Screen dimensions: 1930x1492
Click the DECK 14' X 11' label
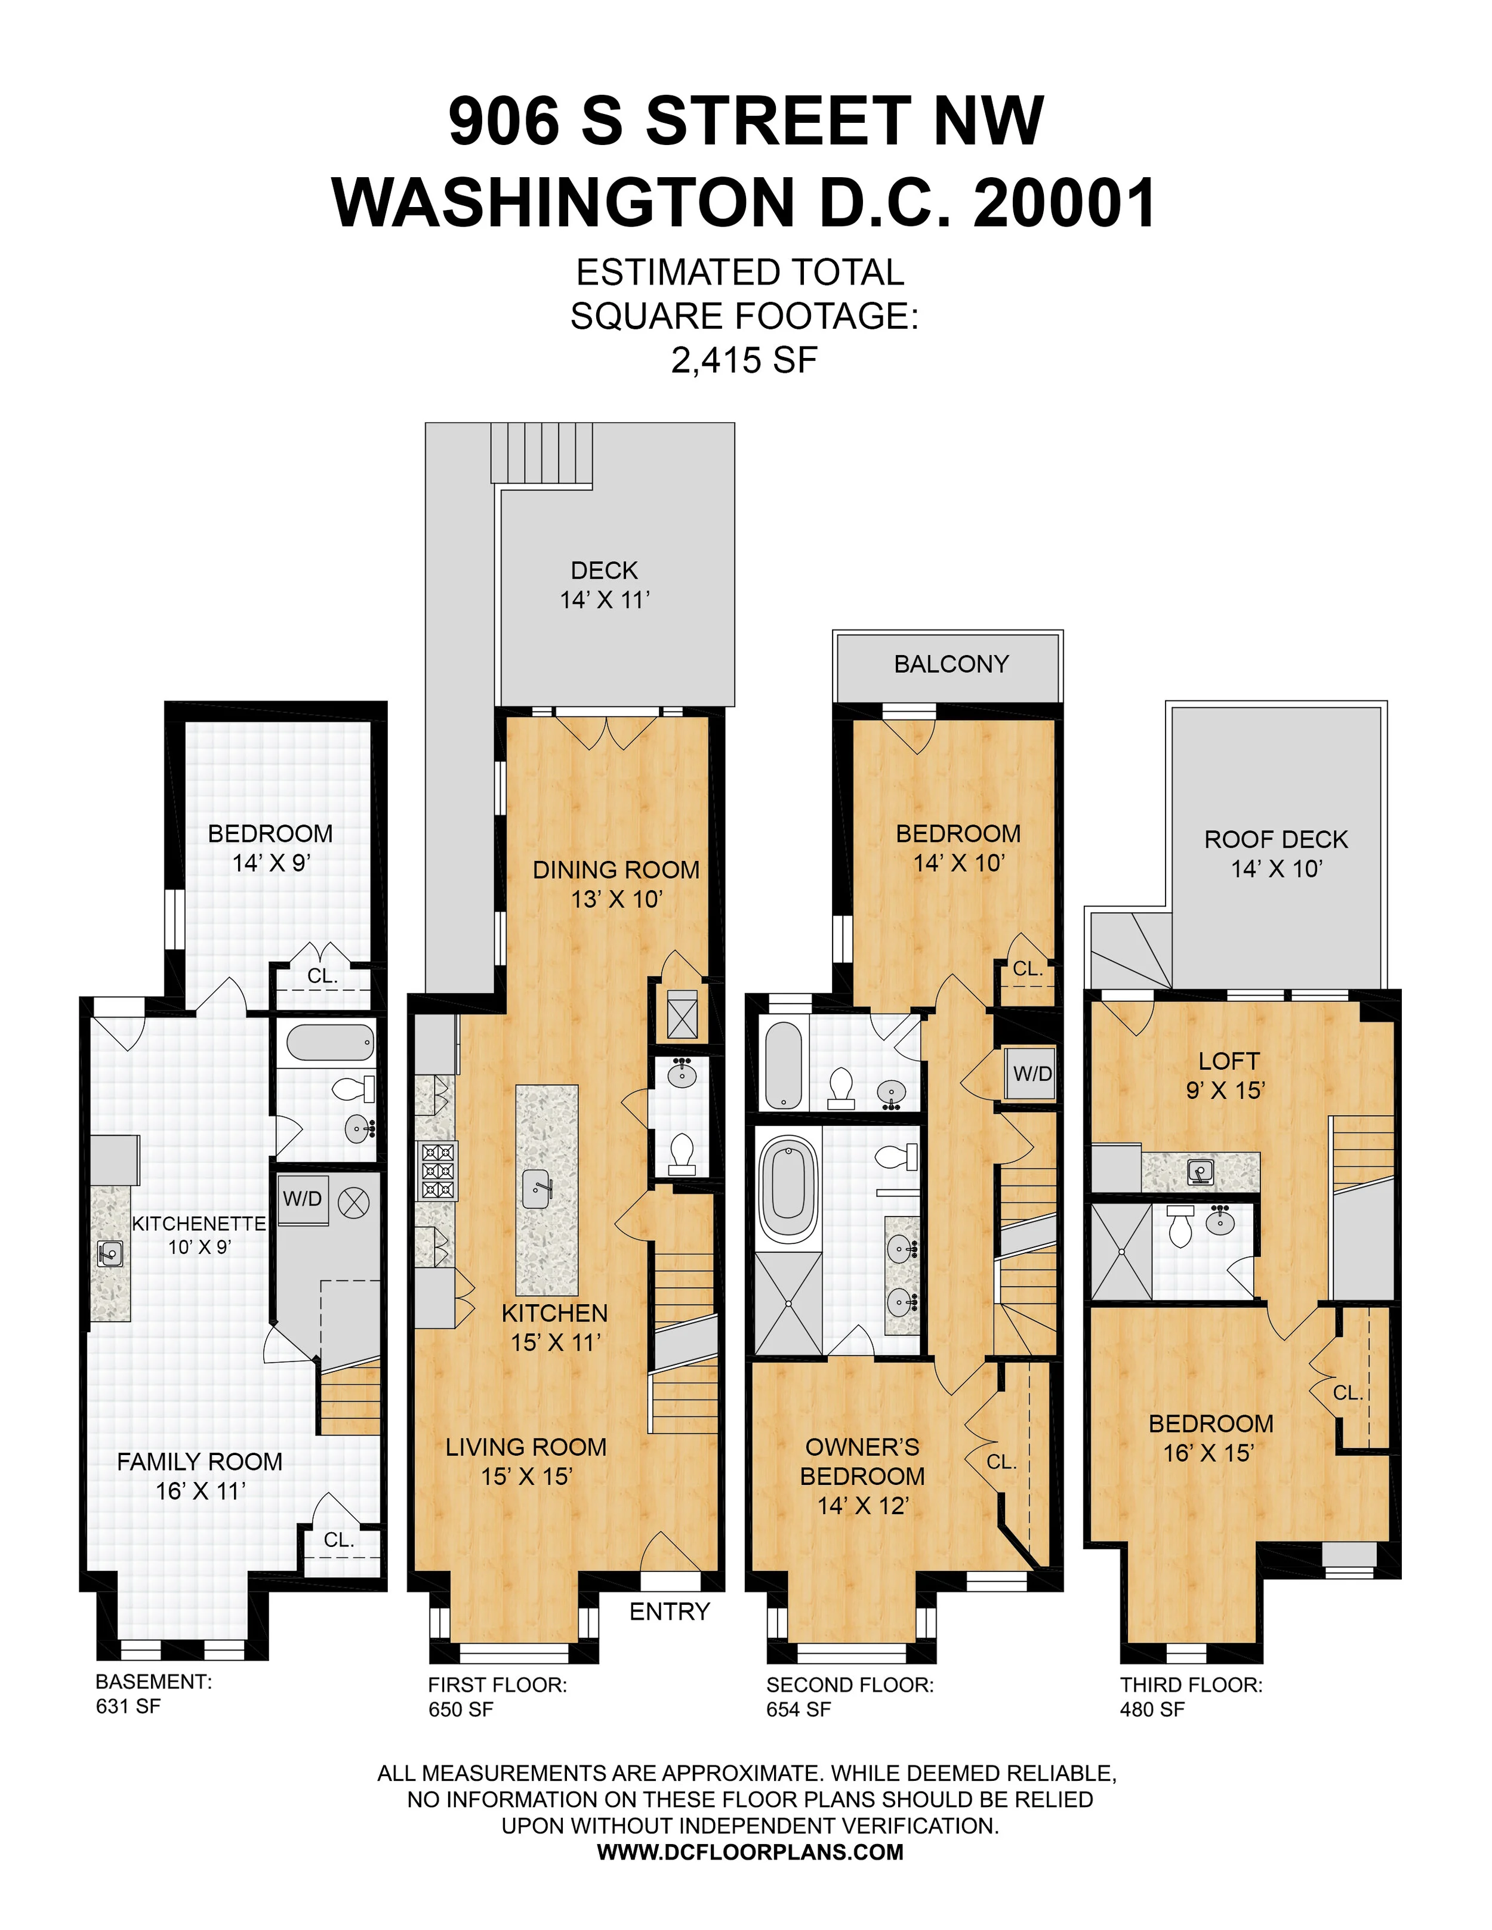tap(605, 585)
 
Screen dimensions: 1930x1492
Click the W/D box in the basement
tap(303, 1199)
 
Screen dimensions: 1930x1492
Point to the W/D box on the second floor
tap(1032, 1074)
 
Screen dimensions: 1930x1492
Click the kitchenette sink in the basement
tap(110, 1252)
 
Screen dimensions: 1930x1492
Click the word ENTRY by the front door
tap(669, 1612)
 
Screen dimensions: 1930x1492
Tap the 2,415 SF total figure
tap(744, 360)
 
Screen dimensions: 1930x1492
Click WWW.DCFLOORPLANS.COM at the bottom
tap(750, 1852)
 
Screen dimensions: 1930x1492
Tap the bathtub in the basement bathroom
tap(329, 1043)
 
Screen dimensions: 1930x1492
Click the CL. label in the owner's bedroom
tap(1001, 1462)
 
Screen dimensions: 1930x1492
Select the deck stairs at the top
tap(541, 452)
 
